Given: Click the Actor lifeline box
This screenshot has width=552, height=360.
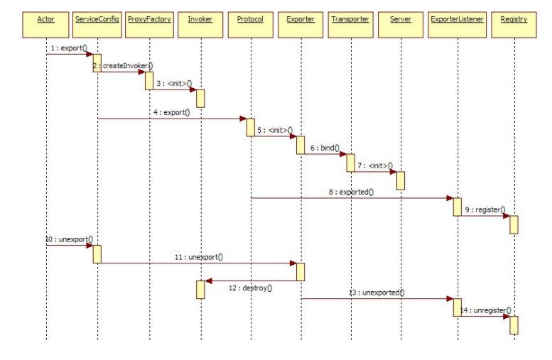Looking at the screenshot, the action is [x=46, y=19].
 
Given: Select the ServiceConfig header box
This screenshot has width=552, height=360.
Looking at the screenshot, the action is [x=97, y=19].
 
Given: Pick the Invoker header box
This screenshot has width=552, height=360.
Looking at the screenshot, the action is [x=200, y=19].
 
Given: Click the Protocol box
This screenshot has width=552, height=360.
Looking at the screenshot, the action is [x=250, y=19].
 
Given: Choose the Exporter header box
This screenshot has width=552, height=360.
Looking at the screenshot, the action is [x=301, y=19].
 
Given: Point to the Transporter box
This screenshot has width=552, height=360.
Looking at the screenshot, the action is [x=350, y=19].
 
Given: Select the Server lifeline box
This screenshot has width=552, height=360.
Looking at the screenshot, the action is [x=401, y=19].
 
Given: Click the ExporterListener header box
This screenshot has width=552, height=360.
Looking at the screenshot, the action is [x=458, y=19].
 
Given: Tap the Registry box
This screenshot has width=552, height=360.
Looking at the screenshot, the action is [x=514, y=19].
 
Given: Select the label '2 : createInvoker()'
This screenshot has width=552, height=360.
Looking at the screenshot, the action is [x=123, y=65].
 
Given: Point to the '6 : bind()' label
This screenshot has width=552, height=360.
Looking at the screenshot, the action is [x=324, y=148].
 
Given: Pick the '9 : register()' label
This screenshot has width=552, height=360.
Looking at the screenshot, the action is [x=485, y=209].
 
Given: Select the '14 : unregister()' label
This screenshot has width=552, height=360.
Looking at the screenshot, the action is [x=486, y=310].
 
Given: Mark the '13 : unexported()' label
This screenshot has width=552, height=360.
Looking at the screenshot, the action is [x=375, y=292].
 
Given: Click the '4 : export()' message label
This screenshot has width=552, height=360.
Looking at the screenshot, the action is [x=171, y=111].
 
